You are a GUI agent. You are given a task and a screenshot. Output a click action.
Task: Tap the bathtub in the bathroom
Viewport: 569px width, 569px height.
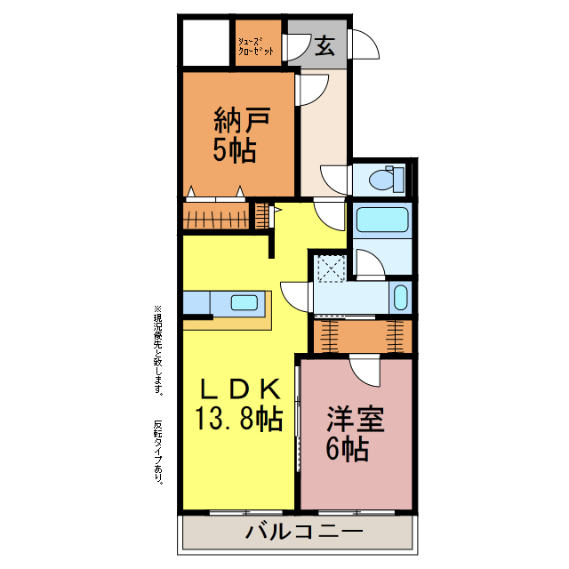coord(381,220)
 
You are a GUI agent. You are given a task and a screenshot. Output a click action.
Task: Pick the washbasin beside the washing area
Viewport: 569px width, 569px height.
coord(401,296)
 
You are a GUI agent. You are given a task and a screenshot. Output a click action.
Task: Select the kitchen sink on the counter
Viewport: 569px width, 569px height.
coord(244,302)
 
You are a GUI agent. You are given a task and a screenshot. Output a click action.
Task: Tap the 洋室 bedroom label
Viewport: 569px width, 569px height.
coord(356,418)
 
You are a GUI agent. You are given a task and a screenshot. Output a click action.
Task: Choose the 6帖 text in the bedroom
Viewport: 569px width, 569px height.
coord(348,449)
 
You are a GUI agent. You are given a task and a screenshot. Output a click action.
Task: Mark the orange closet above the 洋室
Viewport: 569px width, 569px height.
coord(362,335)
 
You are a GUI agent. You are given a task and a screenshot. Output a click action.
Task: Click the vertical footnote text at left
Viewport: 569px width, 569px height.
coord(158,391)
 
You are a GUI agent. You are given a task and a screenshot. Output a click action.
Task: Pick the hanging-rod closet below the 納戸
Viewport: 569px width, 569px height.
coord(216,216)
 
